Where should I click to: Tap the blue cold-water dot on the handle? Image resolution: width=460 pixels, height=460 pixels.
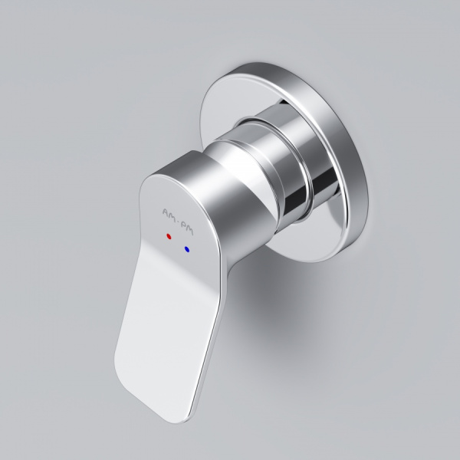(186, 249)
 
